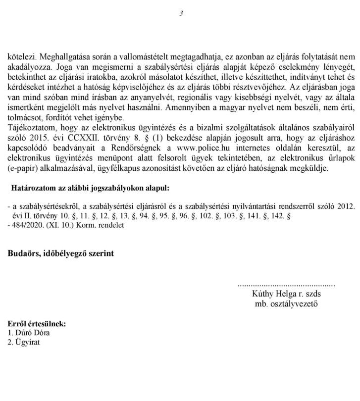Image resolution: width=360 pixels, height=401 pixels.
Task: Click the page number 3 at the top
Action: pyautogui.click(x=181, y=13)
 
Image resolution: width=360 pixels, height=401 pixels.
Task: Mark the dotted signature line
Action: pyautogui.click(x=286, y=286)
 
